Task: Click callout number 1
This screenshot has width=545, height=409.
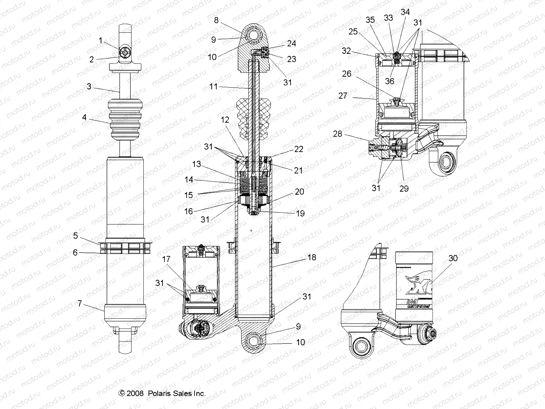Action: [x=100, y=41]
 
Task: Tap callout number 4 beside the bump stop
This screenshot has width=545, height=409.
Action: [x=84, y=118]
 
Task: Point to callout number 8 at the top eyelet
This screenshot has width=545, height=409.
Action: [x=216, y=20]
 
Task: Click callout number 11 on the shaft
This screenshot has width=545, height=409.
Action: [x=213, y=87]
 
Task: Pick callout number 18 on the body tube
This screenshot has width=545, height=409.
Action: [x=312, y=257]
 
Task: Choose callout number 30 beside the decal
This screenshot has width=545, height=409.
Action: [x=453, y=258]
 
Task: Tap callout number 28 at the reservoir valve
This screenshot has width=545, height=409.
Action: [x=338, y=134]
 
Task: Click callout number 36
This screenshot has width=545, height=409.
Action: [x=389, y=81]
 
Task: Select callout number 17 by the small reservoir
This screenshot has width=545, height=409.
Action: [x=166, y=259]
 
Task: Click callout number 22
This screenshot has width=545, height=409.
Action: [x=298, y=149]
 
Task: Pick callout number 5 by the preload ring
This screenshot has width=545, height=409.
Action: [x=76, y=235]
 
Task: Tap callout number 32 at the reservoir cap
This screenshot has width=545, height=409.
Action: [x=346, y=51]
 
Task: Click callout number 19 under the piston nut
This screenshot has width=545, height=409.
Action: [x=300, y=214]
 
